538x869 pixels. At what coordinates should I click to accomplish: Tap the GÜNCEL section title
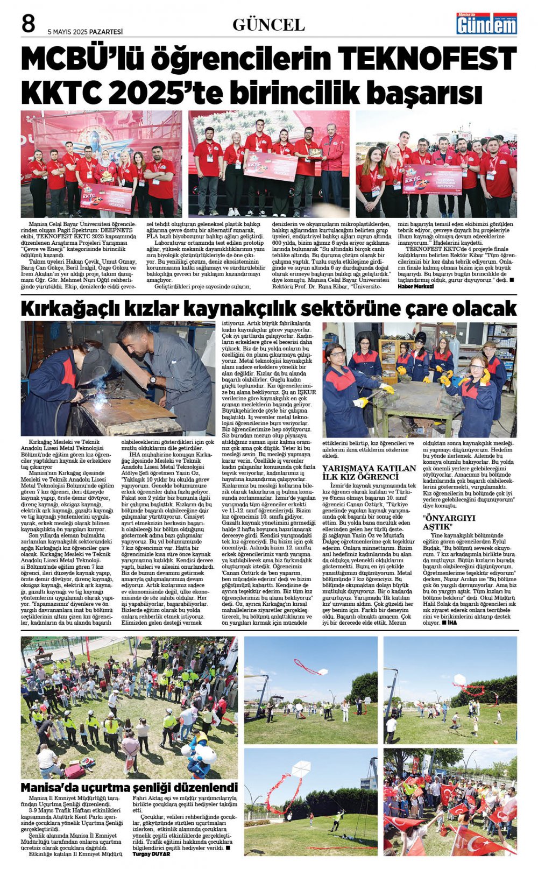(x=268, y=25)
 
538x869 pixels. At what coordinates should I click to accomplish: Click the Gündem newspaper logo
(x=486, y=24)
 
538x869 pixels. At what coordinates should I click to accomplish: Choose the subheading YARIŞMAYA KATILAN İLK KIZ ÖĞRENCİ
(x=369, y=472)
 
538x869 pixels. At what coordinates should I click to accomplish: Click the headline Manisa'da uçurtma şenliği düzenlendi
(x=129, y=788)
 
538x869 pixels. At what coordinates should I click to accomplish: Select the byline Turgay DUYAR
(x=151, y=854)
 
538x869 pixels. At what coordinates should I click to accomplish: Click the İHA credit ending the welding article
(x=451, y=623)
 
